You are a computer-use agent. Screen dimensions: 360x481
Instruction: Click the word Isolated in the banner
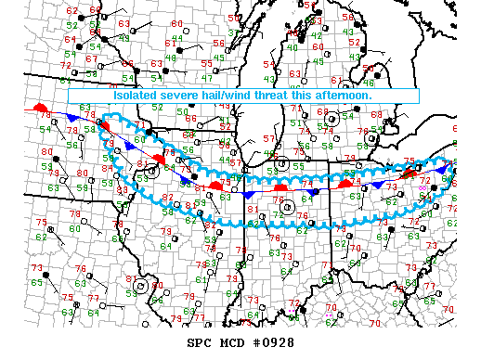click(x=136, y=95)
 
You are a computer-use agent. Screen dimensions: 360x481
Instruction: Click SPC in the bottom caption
click(x=200, y=341)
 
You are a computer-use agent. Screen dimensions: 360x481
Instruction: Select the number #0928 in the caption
click(x=271, y=341)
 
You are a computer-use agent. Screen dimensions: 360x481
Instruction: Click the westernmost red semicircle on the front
click(x=40, y=109)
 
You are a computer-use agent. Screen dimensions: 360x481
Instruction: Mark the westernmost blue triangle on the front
click(x=72, y=119)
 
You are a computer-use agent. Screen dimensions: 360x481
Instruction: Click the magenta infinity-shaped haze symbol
click(x=424, y=187)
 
